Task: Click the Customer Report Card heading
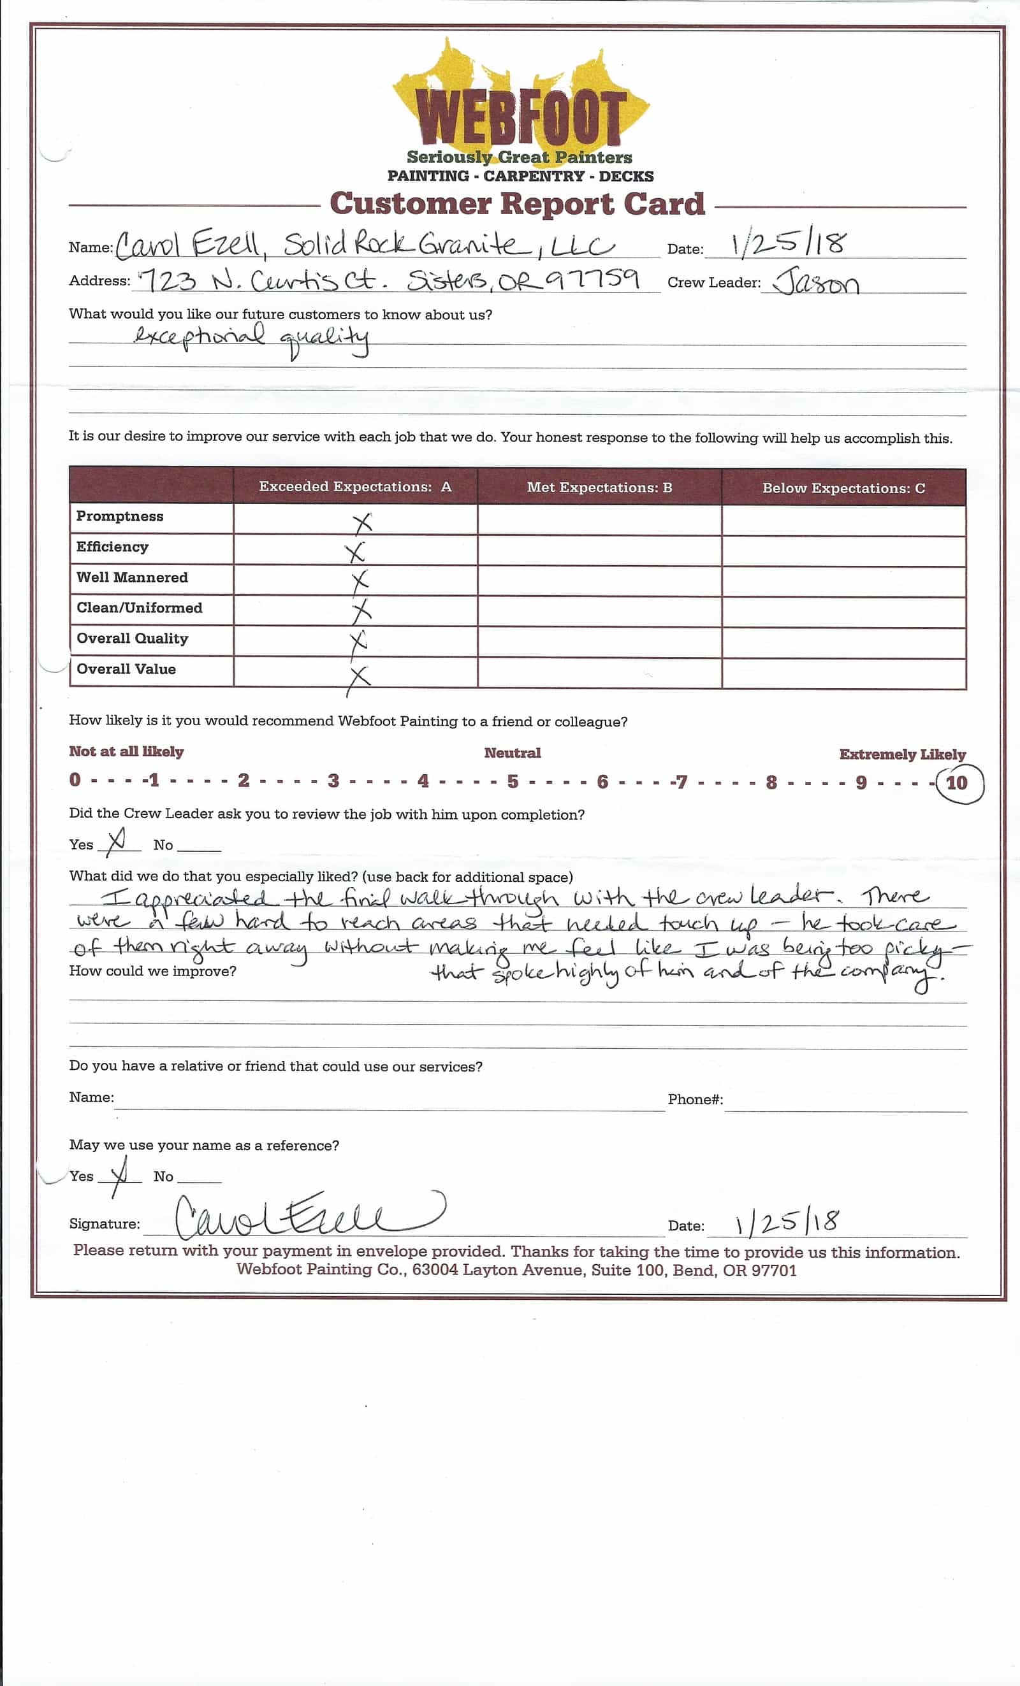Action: point(517,204)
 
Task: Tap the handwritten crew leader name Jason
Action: point(815,280)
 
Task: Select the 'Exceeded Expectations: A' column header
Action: point(354,487)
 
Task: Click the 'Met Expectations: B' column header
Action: point(599,487)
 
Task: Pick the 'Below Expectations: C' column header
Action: point(843,488)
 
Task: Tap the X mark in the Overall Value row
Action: point(358,678)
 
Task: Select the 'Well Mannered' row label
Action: point(132,577)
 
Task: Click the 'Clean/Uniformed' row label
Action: point(140,608)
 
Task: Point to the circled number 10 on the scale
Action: point(956,782)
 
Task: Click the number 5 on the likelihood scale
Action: point(513,781)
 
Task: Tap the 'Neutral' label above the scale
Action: point(512,753)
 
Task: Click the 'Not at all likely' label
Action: point(126,751)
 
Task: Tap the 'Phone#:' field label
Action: point(695,1099)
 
